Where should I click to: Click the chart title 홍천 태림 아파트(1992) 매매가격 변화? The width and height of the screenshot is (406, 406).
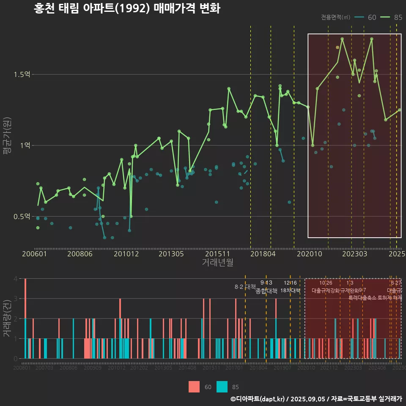(x=127, y=8)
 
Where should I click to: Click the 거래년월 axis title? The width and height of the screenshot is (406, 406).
(x=217, y=262)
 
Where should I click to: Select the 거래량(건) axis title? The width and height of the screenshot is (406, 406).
(x=7, y=318)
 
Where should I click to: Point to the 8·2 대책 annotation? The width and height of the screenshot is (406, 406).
(x=248, y=287)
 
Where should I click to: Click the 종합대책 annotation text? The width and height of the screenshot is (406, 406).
(x=266, y=291)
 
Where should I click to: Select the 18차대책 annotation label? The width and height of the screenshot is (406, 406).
(x=290, y=291)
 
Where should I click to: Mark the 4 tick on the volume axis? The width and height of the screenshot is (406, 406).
(x=15, y=279)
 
